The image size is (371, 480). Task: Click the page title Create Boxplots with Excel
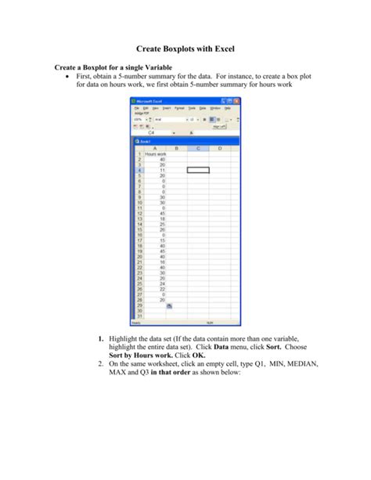click(185, 49)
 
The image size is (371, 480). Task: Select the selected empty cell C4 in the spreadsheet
click(198, 169)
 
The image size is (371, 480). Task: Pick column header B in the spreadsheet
click(177, 148)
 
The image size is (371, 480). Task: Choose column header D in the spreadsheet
click(220, 148)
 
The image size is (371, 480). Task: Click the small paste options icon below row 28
click(169, 306)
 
